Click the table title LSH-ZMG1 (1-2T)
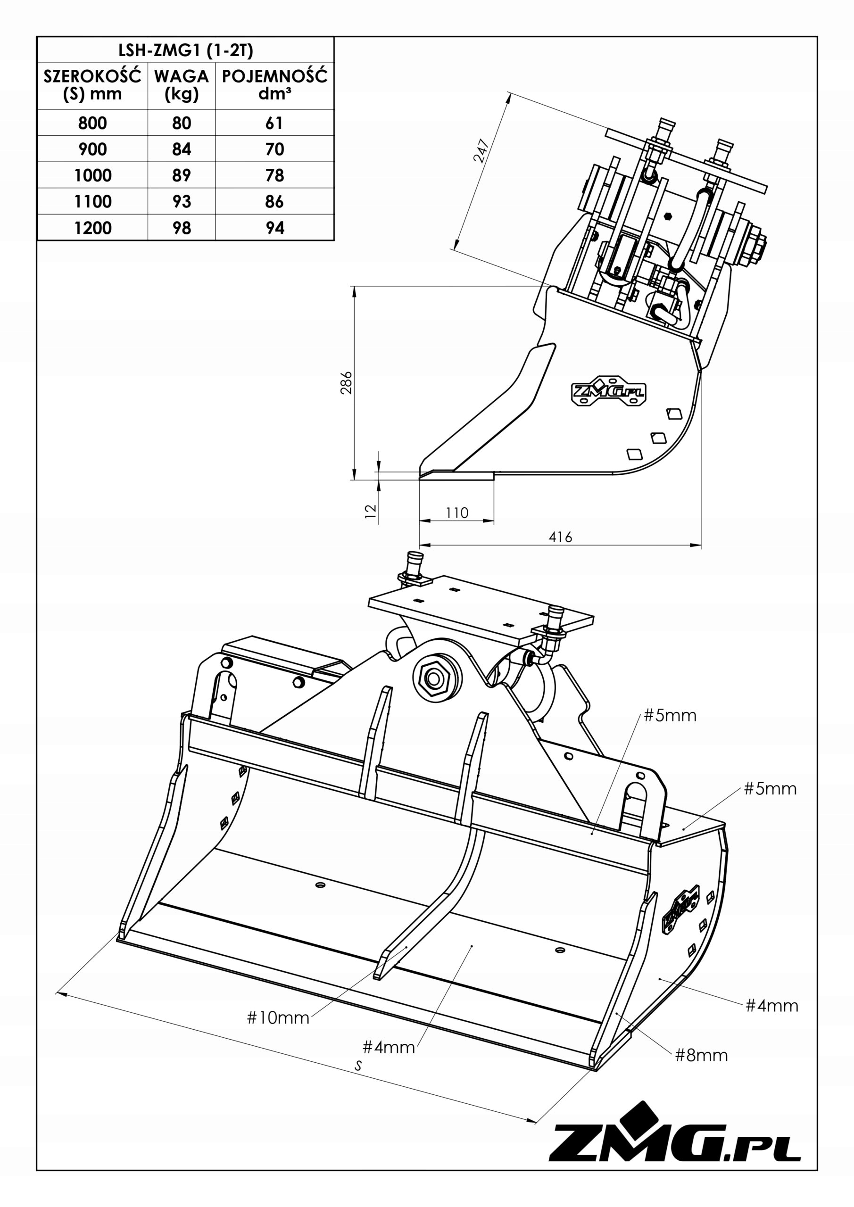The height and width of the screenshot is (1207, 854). (185, 50)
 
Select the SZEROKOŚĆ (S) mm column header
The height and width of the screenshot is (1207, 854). (92, 85)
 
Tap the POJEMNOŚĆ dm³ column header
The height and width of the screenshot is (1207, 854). (274, 85)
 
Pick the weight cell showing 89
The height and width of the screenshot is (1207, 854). (182, 175)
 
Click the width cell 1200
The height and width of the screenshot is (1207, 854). (92, 228)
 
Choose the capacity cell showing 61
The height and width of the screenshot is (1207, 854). (274, 123)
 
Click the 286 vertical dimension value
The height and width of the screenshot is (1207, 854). (346, 383)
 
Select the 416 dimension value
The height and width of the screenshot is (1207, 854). (560, 537)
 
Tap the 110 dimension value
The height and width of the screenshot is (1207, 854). (456, 513)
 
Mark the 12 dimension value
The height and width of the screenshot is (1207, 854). (371, 511)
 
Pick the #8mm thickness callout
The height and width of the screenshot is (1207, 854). (701, 1055)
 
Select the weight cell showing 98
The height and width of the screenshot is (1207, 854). (182, 228)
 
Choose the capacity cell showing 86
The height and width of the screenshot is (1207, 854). (274, 201)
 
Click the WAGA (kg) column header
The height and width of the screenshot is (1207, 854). (182, 85)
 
